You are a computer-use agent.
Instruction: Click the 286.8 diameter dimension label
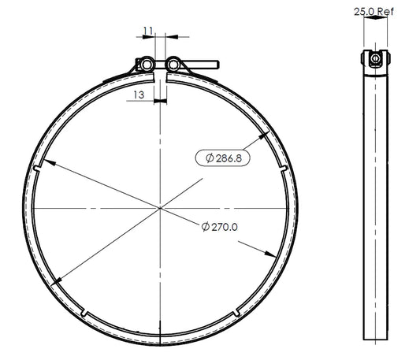pos(223,158)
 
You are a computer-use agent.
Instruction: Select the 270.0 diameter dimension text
pos(219,227)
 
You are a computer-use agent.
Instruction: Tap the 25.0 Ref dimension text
pos(374,12)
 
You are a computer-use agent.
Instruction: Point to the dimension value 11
pos(148,31)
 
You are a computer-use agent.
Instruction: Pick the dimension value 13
pos(139,95)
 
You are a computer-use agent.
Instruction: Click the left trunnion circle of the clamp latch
pos(147,65)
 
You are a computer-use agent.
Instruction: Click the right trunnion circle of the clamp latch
pos(173,65)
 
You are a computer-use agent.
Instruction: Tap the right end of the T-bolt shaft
pos(218,65)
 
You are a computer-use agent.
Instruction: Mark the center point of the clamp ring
pos(160,208)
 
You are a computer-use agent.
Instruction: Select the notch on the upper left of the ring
pos(37,168)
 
